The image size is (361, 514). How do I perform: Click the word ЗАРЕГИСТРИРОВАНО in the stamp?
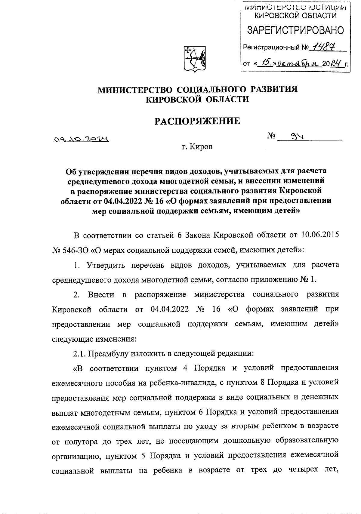295,30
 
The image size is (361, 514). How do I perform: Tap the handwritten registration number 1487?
324,47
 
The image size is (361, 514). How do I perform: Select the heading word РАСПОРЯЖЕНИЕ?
197,121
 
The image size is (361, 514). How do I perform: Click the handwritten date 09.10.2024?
80,139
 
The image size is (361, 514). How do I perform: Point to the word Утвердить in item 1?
105,265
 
